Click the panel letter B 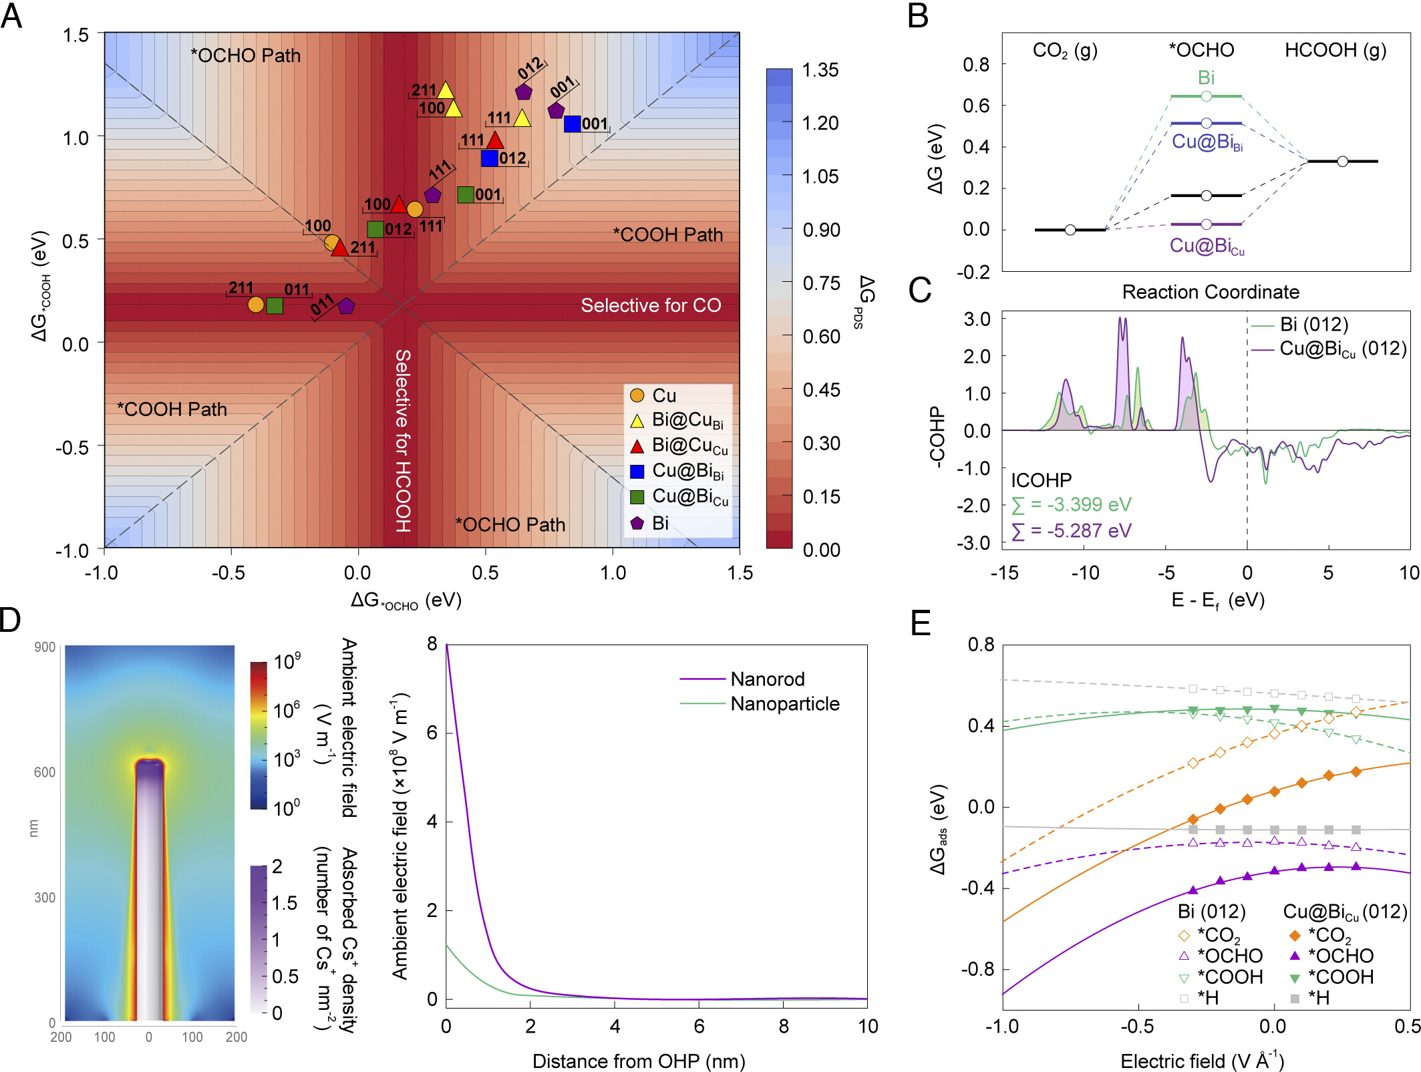(x=918, y=16)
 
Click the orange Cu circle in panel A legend (x=637, y=395)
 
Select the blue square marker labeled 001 (x=572, y=124)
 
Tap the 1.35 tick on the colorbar (x=820, y=70)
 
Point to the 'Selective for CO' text (x=651, y=305)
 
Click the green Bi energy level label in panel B (x=1206, y=78)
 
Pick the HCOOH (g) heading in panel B (x=1335, y=50)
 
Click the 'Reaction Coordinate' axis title (x=1211, y=292)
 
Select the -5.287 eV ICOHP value (x=1072, y=531)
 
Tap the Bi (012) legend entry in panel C (x=1313, y=325)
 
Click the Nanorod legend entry (x=767, y=679)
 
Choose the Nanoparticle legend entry (x=784, y=704)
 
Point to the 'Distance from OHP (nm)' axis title (x=639, y=1061)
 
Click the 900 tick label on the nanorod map (x=45, y=647)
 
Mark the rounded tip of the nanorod (x=150, y=763)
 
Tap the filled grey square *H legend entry (x=1294, y=999)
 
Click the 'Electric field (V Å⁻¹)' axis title (x=1202, y=1061)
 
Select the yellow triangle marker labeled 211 (x=446, y=90)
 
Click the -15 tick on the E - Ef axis (x=1004, y=572)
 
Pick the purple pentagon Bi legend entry (x=637, y=523)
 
